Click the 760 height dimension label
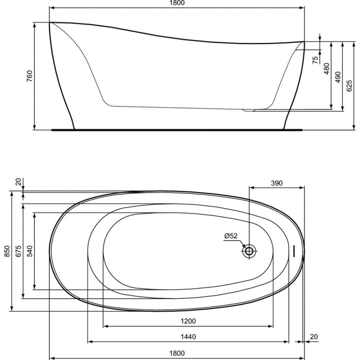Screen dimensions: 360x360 [x=30, y=76]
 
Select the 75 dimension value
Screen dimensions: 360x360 [x=316, y=60]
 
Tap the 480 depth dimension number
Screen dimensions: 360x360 [x=327, y=69]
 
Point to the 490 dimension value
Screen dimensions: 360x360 [x=338, y=77]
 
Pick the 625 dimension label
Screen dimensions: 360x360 [x=349, y=86]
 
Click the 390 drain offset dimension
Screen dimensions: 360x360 [x=276, y=183]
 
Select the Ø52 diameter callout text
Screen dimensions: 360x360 [x=231, y=236]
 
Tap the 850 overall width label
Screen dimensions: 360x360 [x=7, y=251]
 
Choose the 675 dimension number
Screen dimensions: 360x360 [x=19, y=251]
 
